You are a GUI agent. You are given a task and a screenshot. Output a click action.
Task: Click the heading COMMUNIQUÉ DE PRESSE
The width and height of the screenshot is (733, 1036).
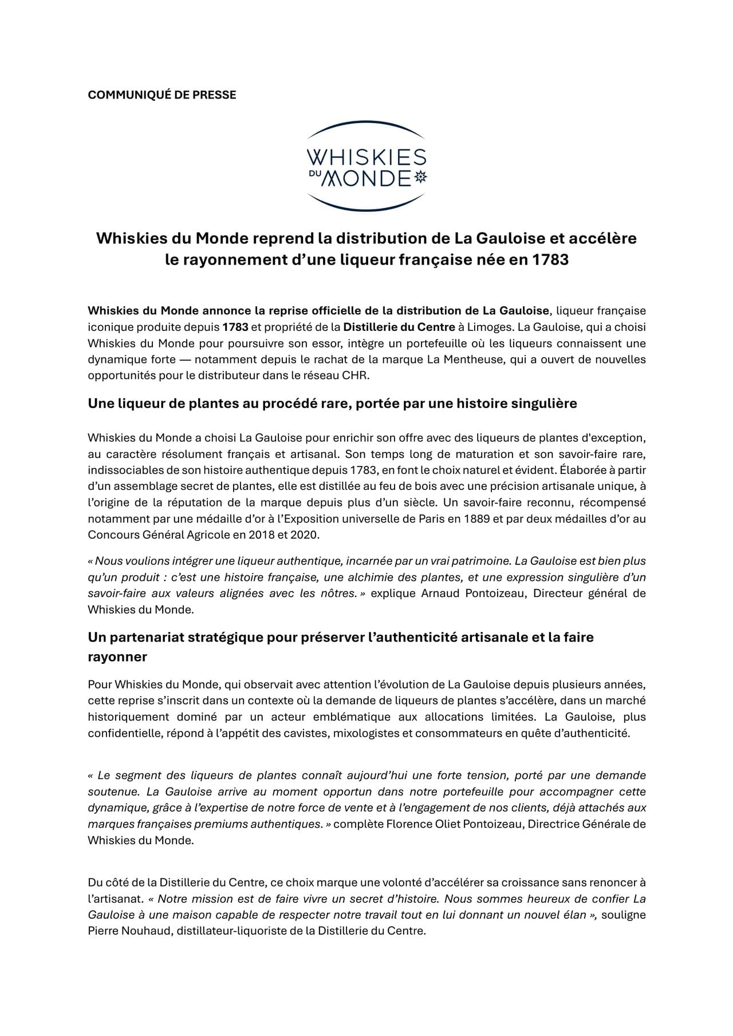161,95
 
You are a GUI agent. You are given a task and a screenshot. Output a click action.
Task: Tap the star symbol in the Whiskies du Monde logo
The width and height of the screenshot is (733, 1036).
421,178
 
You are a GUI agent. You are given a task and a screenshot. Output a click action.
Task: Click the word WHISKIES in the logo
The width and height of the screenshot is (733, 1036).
366,158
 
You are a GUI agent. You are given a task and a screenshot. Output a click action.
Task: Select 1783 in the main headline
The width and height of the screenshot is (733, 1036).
550,260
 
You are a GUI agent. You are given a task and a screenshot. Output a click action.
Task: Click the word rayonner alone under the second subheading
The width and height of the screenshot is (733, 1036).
117,657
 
